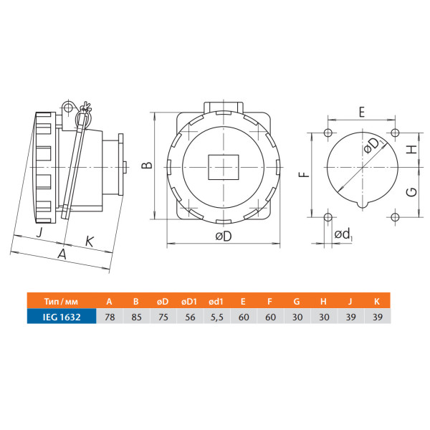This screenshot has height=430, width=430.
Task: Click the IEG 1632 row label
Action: pyautogui.click(x=62, y=317)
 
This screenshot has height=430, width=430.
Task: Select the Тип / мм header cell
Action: pyautogui.click(x=61, y=302)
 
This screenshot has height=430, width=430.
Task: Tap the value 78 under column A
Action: pyautogui.click(x=110, y=317)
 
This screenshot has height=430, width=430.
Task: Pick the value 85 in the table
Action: pyautogui.click(x=136, y=317)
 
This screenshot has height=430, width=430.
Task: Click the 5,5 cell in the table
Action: pyautogui.click(x=217, y=317)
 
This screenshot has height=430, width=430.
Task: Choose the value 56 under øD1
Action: pyautogui.click(x=190, y=317)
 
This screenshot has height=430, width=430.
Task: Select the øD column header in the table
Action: pyautogui.click(x=163, y=302)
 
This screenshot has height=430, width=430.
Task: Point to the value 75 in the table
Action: pyautogui.click(x=163, y=317)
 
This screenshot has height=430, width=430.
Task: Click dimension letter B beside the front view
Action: pyautogui.click(x=147, y=165)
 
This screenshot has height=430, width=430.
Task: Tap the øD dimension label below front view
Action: pyautogui.click(x=224, y=236)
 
